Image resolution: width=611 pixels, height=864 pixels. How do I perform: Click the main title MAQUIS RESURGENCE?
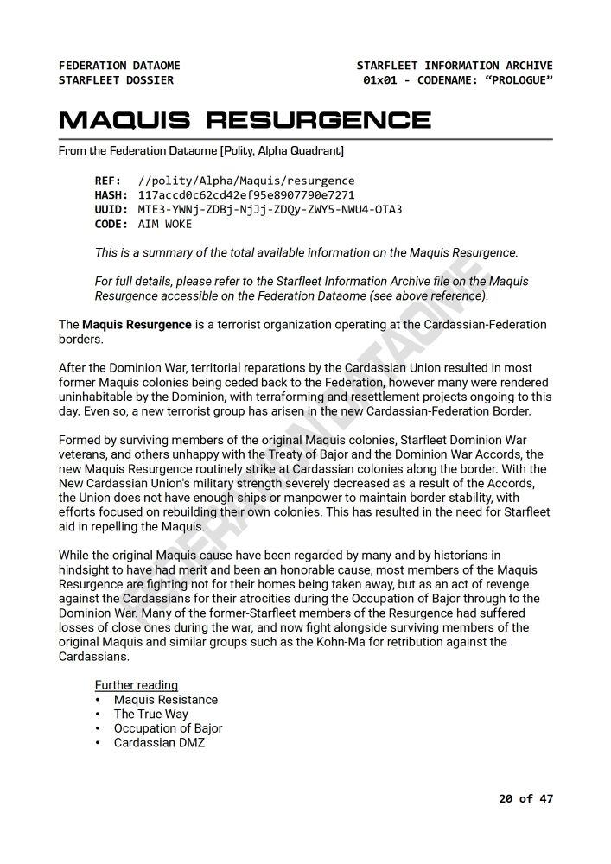click(245, 119)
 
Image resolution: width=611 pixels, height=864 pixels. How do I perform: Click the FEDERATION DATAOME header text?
click(119, 66)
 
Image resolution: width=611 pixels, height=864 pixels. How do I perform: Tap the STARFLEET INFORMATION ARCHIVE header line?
click(455, 66)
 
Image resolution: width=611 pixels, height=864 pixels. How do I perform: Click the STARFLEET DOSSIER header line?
click(116, 80)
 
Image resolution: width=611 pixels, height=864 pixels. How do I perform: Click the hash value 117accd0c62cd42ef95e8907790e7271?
click(246, 195)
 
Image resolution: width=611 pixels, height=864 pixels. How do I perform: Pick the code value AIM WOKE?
click(165, 224)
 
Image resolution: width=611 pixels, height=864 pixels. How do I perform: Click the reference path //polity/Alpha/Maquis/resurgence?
click(246, 181)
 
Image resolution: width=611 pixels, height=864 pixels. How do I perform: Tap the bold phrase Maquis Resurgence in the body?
click(137, 325)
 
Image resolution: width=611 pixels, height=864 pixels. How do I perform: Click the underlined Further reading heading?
click(137, 685)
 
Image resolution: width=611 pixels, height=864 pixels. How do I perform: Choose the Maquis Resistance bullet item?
click(166, 700)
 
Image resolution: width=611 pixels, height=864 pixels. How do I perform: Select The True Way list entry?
click(151, 714)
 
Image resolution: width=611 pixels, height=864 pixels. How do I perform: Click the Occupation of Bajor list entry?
click(169, 728)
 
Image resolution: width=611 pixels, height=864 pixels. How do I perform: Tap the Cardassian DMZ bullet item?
click(160, 743)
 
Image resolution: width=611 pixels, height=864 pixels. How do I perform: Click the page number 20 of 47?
click(525, 798)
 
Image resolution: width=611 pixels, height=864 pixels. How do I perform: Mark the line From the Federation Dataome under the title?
click(200, 151)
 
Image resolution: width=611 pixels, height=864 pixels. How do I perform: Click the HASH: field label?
click(111, 195)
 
